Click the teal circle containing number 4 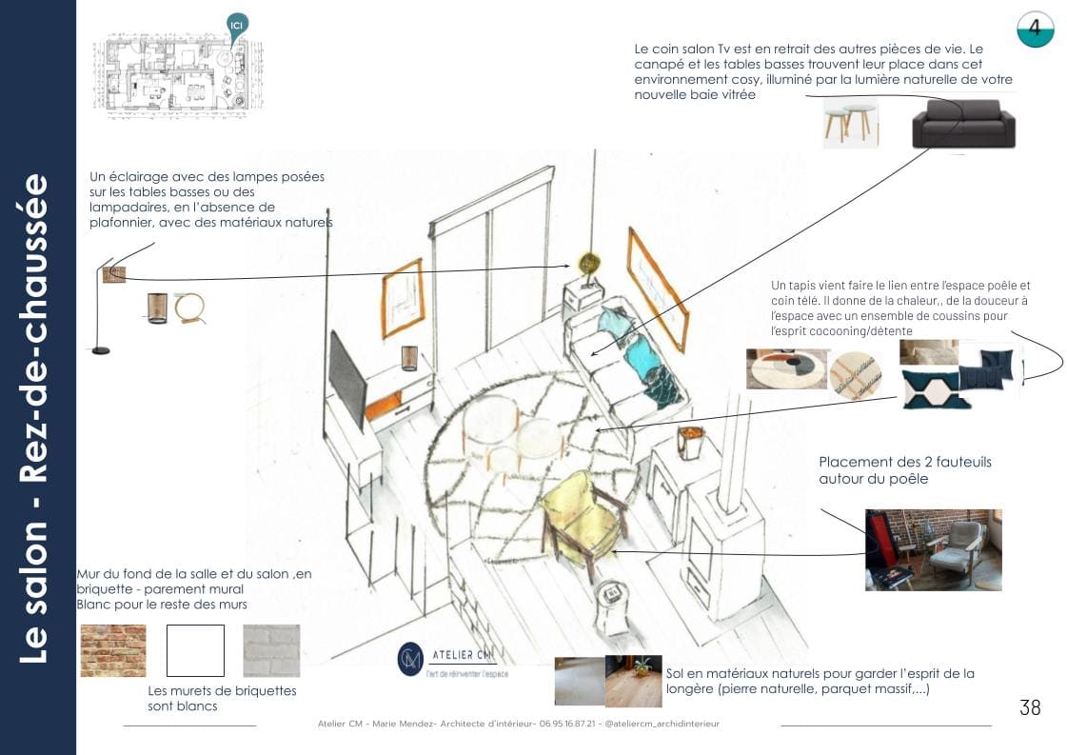pos(1035,30)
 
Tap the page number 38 pos(1029,707)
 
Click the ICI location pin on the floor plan pos(237,27)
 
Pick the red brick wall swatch pos(113,649)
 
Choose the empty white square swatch pos(195,650)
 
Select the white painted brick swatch pos(271,650)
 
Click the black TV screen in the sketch pos(347,380)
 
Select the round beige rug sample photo pos(786,368)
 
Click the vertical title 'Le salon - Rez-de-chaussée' pos(36,419)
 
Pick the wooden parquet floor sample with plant pos(633,681)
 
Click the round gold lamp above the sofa pos(589,263)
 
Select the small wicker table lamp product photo pos(157,308)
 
